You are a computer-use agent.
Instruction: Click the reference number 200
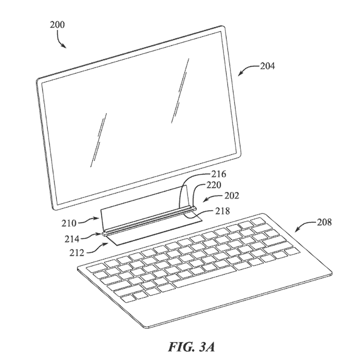tap(58, 24)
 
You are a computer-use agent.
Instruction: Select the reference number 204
tap(268, 66)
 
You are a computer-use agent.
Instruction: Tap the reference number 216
tap(219, 174)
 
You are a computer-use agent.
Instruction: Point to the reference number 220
tap(214, 185)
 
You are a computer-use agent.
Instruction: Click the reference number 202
tap(232, 196)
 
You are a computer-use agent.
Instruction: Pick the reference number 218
tap(222, 211)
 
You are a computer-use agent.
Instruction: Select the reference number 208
tap(324, 222)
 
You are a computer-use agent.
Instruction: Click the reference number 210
tap(69, 223)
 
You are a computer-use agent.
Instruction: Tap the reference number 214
tap(72, 239)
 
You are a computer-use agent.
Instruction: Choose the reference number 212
tap(77, 253)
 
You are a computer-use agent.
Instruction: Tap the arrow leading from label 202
tap(213, 197)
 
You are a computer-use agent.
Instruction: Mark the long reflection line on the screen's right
tap(180, 90)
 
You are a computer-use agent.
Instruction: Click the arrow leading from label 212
tap(97, 248)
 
